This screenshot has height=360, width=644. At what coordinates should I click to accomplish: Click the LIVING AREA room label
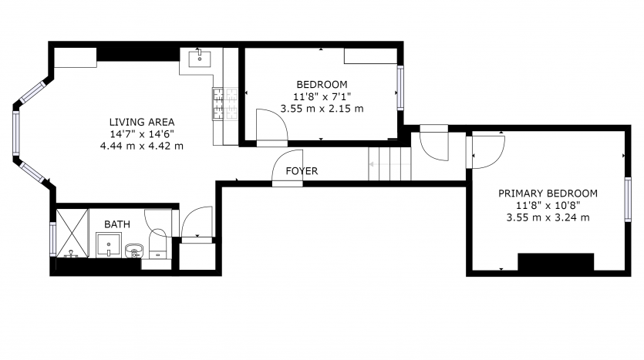[x=142, y=122]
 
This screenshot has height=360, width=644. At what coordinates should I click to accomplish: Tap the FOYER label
[x=302, y=171]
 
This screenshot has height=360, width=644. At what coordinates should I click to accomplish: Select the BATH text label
[x=117, y=224]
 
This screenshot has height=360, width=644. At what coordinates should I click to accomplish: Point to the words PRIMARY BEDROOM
[x=548, y=193]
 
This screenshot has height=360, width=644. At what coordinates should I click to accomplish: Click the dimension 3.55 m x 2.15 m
[x=322, y=109]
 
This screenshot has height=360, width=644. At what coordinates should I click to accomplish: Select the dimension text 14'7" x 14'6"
[x=142, y=134]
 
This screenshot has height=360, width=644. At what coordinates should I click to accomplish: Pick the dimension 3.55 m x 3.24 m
[x=548, y=217]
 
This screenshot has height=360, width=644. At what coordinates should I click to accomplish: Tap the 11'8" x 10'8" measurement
[x=548, y=205]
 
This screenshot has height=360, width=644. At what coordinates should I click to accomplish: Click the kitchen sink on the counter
[x=200, y=59]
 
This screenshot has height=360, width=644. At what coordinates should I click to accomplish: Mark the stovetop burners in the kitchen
[x=225, y=104]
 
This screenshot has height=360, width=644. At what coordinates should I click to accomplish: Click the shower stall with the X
[x=72, y=233]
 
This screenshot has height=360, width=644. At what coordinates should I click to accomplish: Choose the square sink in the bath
[x=109, y=245]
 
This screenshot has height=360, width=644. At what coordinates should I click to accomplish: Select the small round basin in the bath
[x=134, y=250]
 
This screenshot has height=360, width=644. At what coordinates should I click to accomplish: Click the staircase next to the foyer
[x=389, y=163]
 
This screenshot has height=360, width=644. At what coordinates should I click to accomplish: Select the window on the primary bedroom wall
[x=628, y=200]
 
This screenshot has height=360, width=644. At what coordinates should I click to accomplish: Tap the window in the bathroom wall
[x=52, y=239]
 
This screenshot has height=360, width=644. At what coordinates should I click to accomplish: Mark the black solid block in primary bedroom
[x=556, y=262]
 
